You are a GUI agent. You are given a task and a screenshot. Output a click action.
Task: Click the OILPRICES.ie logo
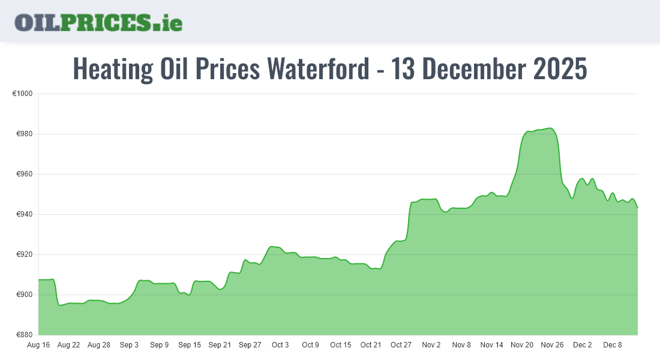(x=98, y=22)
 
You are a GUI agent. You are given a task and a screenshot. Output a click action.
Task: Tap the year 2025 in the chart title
(x=559, y=69)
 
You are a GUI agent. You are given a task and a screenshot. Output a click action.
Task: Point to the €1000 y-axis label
(x=23, y=94)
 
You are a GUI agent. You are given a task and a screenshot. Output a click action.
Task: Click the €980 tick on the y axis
(x=25, y=134)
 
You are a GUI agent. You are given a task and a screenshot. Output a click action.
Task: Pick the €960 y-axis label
(x=25, y=175)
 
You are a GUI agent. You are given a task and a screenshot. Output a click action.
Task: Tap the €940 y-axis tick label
(x=25, y=215)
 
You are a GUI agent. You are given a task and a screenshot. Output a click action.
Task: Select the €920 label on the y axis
(x=25, y=255)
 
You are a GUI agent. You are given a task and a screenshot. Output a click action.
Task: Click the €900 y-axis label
(x=25, y=295)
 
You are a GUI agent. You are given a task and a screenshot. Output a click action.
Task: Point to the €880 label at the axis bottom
(x=25, y=335)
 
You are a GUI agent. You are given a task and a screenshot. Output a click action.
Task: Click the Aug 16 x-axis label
(x=38, y=345)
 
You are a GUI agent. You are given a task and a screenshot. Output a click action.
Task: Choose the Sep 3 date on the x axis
(x=129, y=345)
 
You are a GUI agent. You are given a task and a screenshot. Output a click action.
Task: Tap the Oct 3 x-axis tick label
(x=280, y=345)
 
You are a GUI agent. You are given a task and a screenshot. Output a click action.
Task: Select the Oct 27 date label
(x=401, y=345)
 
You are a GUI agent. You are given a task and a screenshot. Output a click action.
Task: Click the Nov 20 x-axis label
(x=522, y=345)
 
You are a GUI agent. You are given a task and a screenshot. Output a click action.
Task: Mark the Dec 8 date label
(x=613, y=345)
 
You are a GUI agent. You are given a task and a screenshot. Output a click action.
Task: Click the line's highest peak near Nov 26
(x=550, y=128)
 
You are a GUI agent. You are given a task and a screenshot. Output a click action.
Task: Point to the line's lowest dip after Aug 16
(x=59, y=305)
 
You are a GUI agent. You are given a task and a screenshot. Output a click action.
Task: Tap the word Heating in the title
(x=113, y=69)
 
